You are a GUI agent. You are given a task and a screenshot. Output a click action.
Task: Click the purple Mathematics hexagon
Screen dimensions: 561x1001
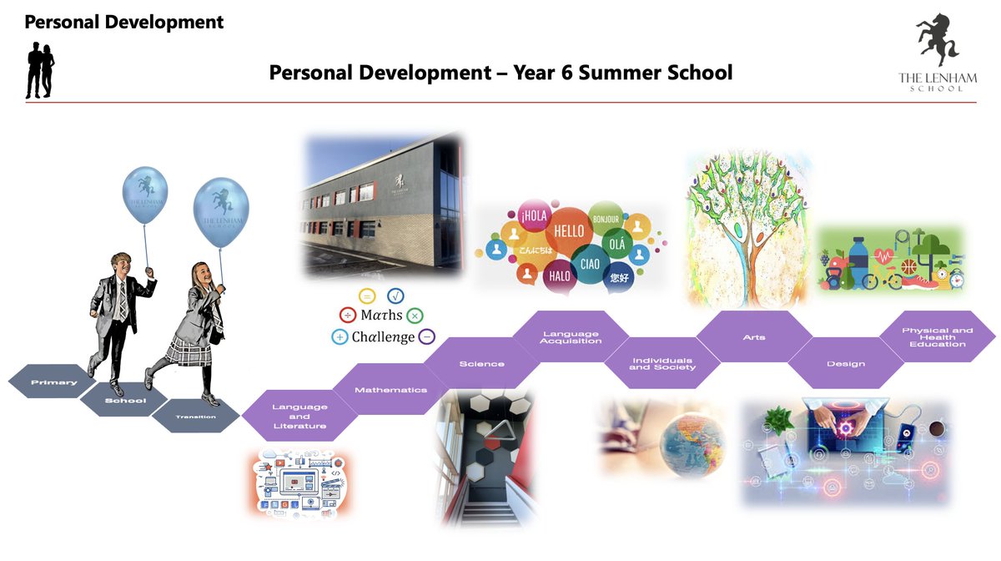(390, 390)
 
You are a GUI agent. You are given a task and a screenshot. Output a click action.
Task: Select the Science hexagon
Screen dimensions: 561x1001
(481, 364)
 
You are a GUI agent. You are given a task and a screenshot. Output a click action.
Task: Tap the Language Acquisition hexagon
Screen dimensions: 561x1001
(571, 337)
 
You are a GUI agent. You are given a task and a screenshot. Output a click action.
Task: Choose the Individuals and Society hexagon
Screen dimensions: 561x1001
(661, 364)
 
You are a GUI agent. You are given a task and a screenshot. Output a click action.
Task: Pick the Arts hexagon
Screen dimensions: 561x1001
(753, 337)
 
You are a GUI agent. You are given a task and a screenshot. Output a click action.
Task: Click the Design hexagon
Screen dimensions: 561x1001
(845, 364)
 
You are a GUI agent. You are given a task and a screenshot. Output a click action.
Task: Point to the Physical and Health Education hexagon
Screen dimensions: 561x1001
(937, 337)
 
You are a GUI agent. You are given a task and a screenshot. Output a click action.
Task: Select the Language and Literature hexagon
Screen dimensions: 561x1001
(299, 416)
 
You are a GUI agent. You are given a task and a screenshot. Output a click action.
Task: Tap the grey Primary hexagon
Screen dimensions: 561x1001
(53, 382)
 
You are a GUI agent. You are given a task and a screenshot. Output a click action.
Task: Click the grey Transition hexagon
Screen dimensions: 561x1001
(196, 416)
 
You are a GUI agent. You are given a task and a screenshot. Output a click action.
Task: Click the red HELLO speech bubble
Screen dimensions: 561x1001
(569, 230)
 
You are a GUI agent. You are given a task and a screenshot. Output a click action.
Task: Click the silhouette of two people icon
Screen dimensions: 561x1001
(40, 70)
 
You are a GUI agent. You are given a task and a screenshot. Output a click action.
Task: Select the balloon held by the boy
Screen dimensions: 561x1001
(144, 195)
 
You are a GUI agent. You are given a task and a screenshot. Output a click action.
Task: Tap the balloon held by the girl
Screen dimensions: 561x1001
(221, 214)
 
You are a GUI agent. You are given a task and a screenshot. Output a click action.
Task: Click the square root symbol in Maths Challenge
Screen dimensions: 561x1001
(395, 295)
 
